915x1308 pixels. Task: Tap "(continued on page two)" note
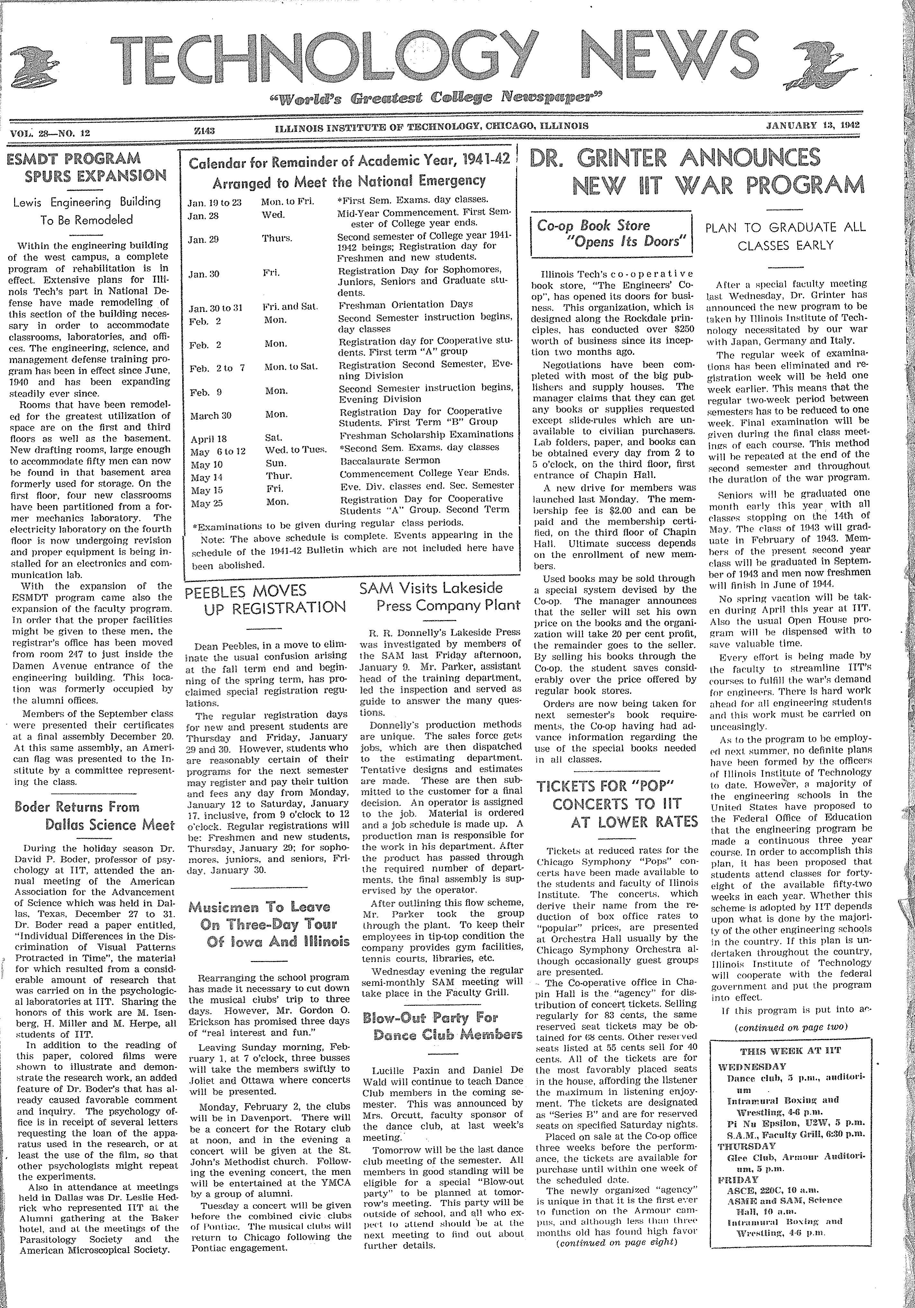789,1027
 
